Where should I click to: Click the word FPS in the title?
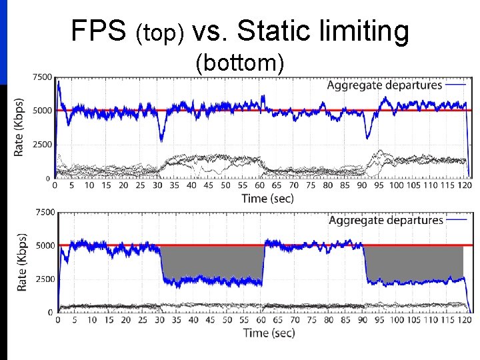[x=99, y=31]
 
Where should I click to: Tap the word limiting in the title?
[x=366, y=31]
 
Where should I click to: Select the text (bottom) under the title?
[x=240, y=63]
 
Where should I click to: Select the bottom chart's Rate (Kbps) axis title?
[x=21, y=262]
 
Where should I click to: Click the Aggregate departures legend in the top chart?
[x=385, y=85]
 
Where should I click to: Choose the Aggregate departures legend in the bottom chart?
[x=386, y=220]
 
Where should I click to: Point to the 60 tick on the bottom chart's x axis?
[x=261, y=320]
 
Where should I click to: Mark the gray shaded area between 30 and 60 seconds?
[x=212, y=262]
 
